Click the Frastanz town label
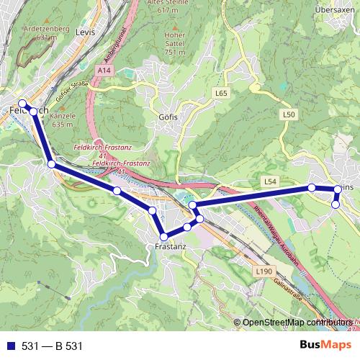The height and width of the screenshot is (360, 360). coord(171,246)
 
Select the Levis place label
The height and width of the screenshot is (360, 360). coord(85,32)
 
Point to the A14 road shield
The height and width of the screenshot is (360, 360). coord(104,71)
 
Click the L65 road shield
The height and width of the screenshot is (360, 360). coord(221,94)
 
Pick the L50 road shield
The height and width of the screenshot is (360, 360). coord(289,114)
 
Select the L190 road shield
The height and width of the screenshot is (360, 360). coord(264,271)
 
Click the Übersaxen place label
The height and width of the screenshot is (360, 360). coord(332,10)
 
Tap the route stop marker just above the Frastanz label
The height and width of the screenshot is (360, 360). coord(164,236)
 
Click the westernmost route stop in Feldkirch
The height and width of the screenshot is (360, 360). coord(22,103)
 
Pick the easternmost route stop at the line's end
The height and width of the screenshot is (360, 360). coord(336,189)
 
